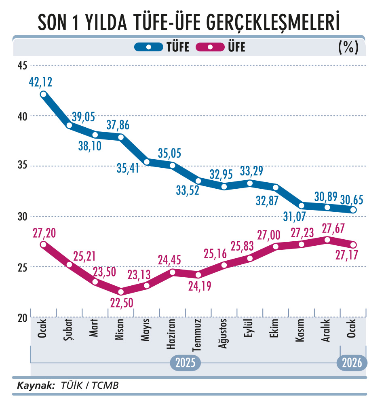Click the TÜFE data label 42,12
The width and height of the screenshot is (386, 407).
point(41,82)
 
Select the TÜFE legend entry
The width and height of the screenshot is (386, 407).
point(162,47)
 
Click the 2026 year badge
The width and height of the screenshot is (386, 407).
point(352,363)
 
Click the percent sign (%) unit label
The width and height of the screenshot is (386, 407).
point(348,47)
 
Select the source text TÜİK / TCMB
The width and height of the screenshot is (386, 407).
point(90,385)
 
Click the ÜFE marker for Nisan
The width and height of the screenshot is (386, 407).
point(120,291)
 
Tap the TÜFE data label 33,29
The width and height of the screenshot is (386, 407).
point(251,171)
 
